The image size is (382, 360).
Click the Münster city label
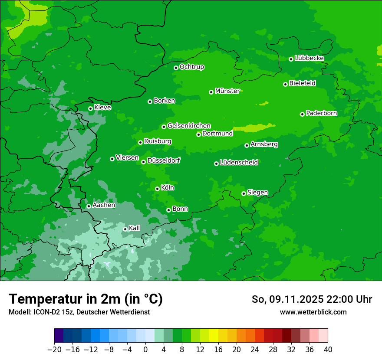[x=227, y=91]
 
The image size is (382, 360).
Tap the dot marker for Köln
[x=157, y=189]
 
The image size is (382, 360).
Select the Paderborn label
[x=321, y=113]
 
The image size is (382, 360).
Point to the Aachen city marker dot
[x=89, y=206]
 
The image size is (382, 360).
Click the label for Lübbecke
[x=309, y=58]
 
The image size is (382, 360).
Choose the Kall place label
[x=134, y=228]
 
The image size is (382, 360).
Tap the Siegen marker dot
[x=244, y=193]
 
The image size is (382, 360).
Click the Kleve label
[x=102, y=108]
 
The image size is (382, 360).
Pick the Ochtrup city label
[x=191, y=67]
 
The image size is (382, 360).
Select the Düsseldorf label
[x=163, y=160]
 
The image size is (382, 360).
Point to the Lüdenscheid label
[x=239, y=163]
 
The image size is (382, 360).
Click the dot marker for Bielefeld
[x=285, y=84]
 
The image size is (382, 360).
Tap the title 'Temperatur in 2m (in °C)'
[x=86, y=299]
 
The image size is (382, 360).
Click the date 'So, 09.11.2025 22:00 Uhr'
[x=312, y=299]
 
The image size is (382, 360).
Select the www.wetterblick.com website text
[x=313, y=312]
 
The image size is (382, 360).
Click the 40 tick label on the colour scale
[x=328, y=350]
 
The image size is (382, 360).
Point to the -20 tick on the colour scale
[x=54, y=350]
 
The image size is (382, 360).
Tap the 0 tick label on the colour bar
[x=145, y=350]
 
